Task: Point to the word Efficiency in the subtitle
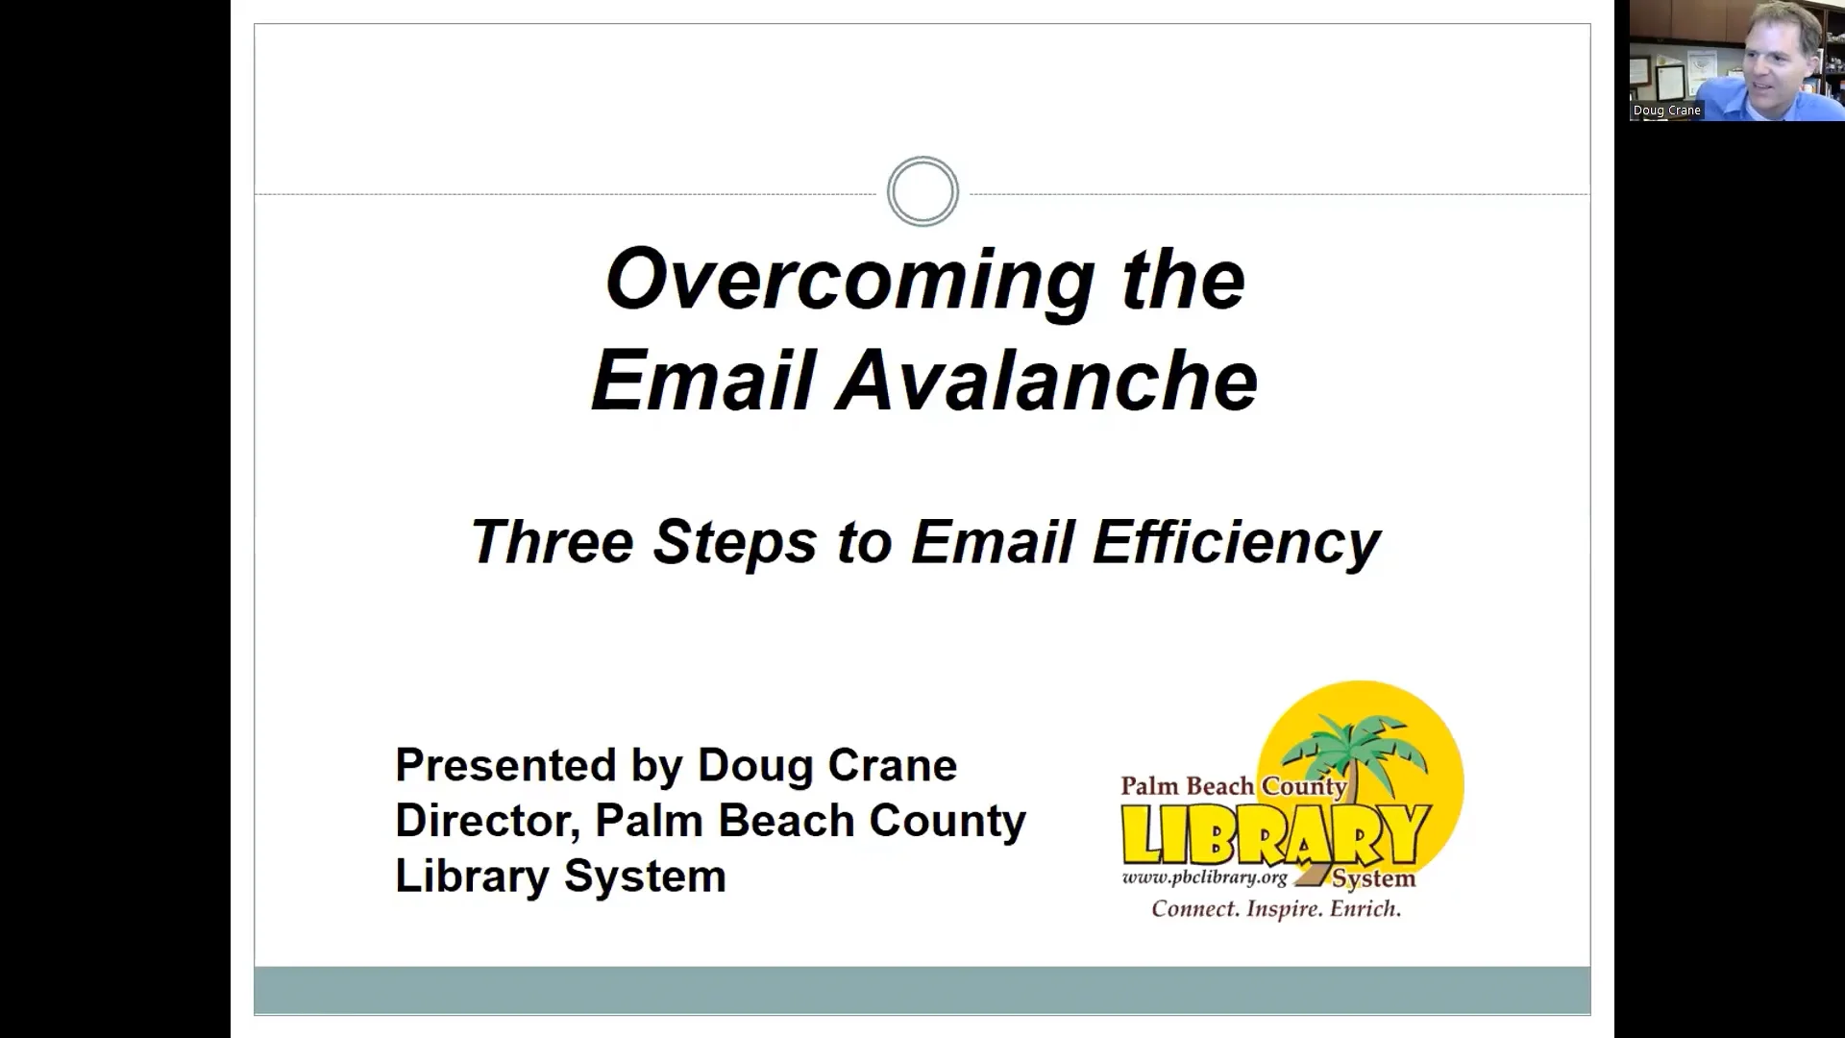(1236, 541)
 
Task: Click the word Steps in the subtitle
(735, 541)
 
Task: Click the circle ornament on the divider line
(922, 191)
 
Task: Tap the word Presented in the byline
(505, 766)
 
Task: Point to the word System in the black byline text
(644, 877)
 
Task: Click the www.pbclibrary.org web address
(1204, 877)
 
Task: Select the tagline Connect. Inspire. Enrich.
(1276, 909)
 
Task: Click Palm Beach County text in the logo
(1233, 786)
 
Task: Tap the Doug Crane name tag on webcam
(1667, 111)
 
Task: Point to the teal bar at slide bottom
(922, 990)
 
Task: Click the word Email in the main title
(702, 381)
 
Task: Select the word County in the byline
(947, 821)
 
